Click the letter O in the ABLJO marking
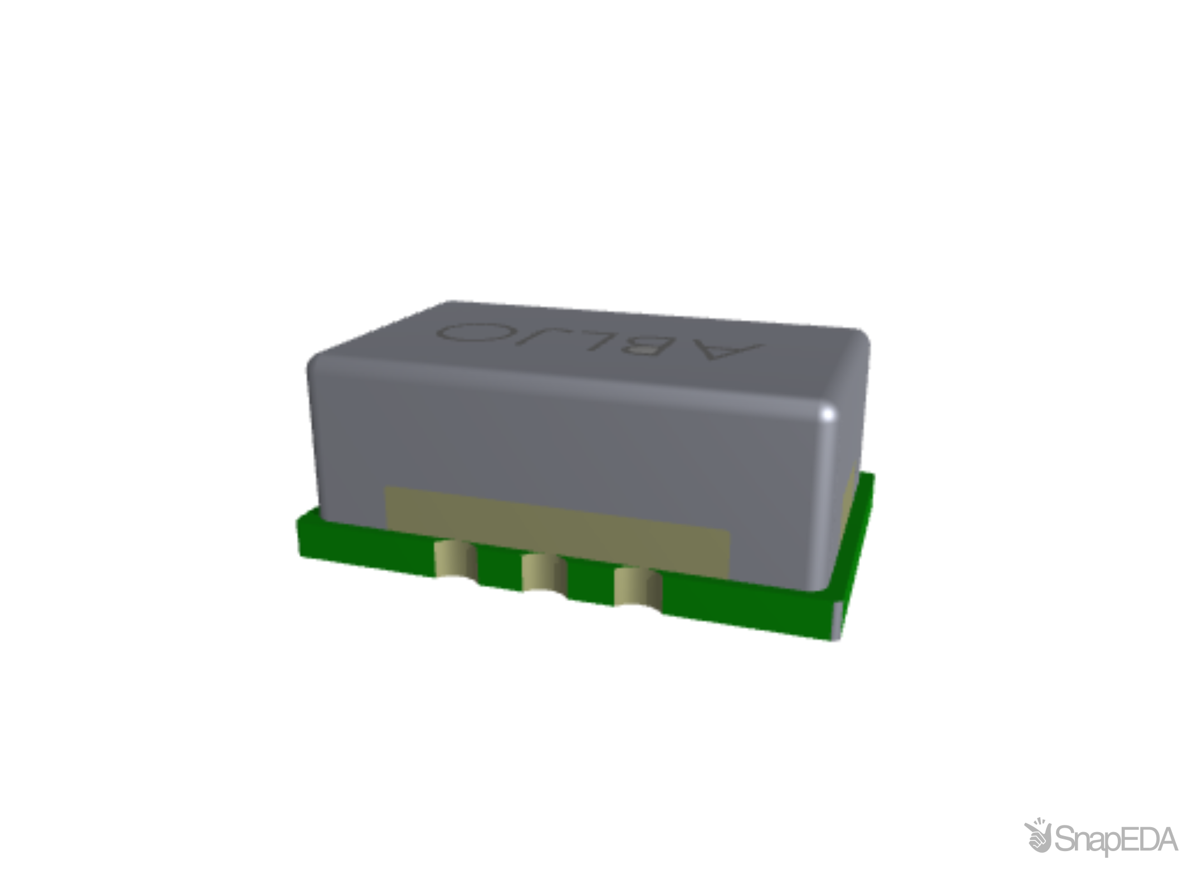click(x=473, y=332)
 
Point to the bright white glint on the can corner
click(x=828, y=415)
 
